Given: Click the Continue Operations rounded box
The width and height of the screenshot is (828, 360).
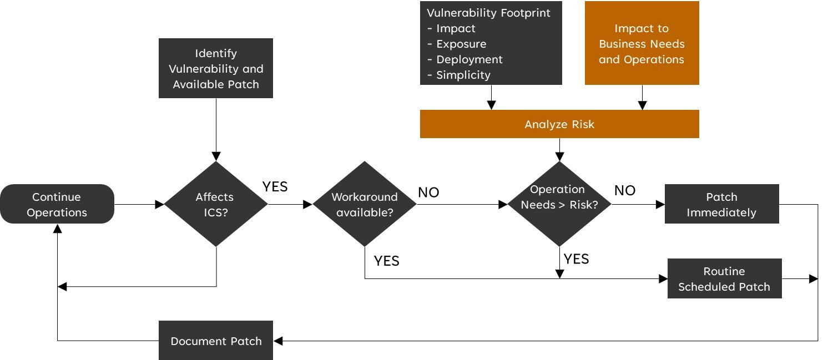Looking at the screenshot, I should (x=57, y=204).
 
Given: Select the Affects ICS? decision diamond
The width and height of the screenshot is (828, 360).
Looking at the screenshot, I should (x=216, y=204).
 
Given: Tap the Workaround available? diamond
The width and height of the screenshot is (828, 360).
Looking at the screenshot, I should (x=364, y=204).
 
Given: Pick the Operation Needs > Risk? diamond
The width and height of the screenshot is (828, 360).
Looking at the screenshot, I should (x=559, y=204).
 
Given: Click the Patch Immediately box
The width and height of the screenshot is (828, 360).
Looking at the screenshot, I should (x=721, y=205).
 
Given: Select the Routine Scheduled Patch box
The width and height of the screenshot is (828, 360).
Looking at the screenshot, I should (x=724, y=278).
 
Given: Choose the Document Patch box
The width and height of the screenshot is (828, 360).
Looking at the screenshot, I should (x=216, y=341).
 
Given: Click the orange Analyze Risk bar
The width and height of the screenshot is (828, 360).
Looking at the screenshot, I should (x=559, y=124).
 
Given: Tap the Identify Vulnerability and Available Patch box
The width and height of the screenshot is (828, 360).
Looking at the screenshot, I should (x=216, y=68).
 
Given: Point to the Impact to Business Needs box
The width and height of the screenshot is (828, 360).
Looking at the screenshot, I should (x=642, y=43).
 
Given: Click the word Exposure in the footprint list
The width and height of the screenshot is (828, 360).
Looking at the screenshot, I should (x=461, y=44).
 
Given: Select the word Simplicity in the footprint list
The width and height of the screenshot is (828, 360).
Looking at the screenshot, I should (x=463, y=75).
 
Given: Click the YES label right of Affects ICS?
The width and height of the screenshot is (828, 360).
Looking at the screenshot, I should (x=275, y=187).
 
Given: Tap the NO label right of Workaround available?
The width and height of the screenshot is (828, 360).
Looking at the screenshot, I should (x=428, y=192).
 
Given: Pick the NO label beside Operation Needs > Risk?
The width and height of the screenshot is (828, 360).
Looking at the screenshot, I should (x=625, y=190).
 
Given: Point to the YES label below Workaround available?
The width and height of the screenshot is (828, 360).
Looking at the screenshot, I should (x=387, y=261).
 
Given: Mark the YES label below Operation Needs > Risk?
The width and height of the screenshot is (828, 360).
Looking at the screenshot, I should (x=577, y=258).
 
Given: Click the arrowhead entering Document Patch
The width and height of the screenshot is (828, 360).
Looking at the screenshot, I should (x=278, y=341).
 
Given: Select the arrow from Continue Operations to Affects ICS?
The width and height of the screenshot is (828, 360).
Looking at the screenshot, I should (x=139, y=204).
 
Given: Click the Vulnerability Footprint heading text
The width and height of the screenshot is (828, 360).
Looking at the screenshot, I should (x=488, y=13).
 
